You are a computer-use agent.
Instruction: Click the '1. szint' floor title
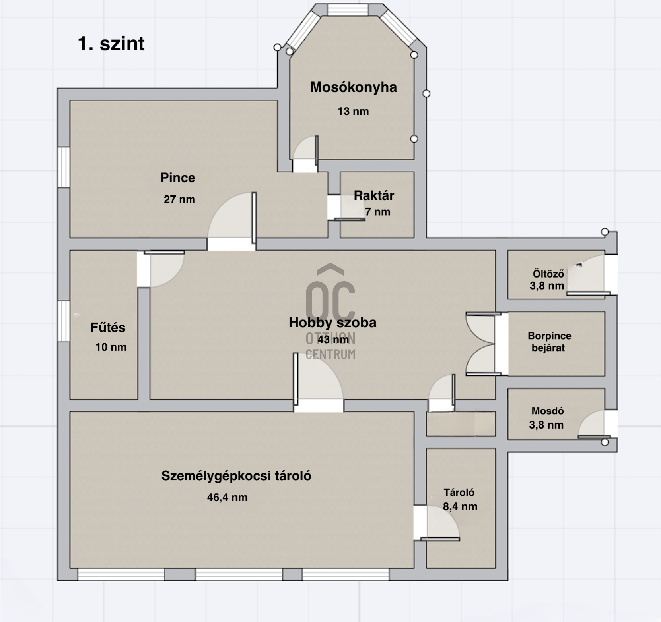pos(111,43)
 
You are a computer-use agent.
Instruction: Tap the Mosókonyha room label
pos(354,87)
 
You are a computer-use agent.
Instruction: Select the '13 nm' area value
pos(353,111)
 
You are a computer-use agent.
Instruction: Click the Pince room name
pos(178,178)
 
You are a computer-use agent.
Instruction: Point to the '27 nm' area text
pos(179,199)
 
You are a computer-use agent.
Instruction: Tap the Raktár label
pos(374,195)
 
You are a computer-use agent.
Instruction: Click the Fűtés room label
pos(108,327)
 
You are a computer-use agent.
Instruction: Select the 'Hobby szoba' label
pos(332,322)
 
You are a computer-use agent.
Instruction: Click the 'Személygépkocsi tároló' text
pos(236,476)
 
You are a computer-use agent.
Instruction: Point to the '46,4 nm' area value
pos(227,497)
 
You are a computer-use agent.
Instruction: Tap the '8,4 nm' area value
pos(460,506)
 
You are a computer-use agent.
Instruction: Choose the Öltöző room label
pos(548,274)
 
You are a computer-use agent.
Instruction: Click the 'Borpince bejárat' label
pos(549,342)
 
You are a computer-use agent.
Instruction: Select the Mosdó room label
pos(548,411)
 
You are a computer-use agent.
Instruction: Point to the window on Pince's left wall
pos(64,167)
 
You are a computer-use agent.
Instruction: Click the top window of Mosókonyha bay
pos(348,10)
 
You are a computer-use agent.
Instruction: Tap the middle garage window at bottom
pos(239,574)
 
